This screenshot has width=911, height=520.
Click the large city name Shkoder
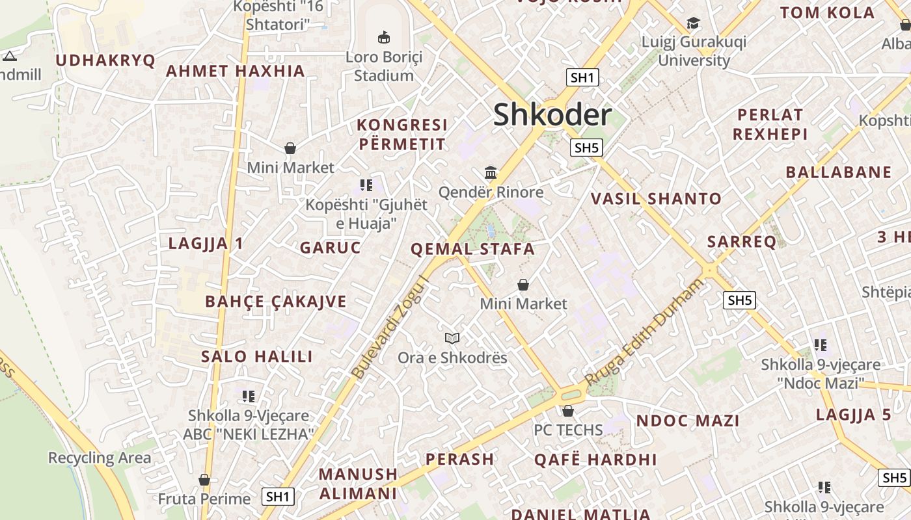(552, 116)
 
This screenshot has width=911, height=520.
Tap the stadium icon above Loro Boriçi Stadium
(384, 37)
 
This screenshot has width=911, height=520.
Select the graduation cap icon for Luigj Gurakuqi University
(693, 23)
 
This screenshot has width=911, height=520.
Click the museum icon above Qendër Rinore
(491, 173)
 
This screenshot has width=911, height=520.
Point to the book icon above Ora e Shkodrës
(452, 338)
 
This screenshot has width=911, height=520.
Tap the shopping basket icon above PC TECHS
(568, 411)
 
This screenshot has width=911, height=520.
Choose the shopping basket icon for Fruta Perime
(204, 480)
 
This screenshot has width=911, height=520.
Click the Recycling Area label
(100, 458)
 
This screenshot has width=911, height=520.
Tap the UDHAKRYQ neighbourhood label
(105, 60)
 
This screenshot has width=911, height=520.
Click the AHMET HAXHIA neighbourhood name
(236, 71)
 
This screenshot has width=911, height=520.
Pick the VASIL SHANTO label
(656, 199)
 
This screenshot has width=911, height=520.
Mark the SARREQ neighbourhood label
(742, 242)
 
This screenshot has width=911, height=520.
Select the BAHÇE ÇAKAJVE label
(276, 302)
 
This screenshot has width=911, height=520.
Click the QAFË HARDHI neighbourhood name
(595, 460)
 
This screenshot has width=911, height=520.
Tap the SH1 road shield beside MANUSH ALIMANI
(278, 497)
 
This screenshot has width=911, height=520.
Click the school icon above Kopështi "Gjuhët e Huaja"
(366, 185)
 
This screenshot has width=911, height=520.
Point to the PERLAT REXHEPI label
(770, 124)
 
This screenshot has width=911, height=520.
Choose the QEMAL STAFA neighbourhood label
(472, 249)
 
